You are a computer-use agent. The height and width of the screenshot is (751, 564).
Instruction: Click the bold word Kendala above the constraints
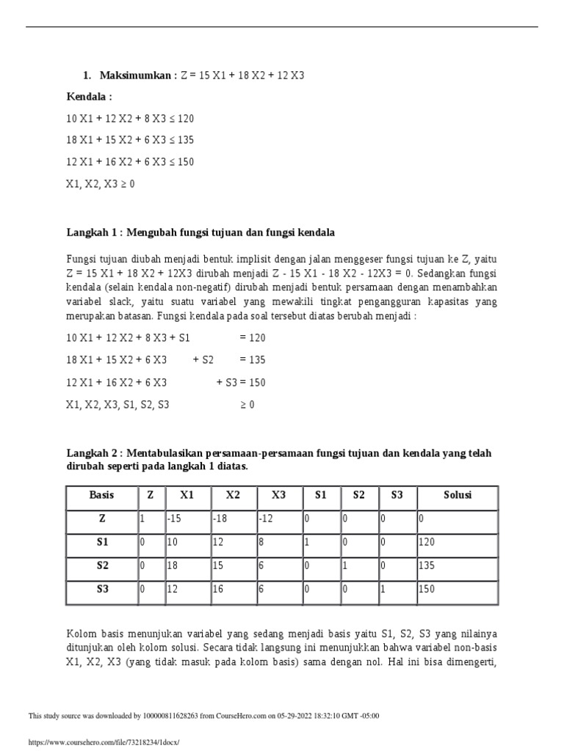point(90,97)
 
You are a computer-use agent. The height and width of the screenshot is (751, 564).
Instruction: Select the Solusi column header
point(457,496)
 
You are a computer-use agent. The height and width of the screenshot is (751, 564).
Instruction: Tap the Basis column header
point(102,496)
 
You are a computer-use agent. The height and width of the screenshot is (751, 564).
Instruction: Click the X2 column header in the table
point(233,496)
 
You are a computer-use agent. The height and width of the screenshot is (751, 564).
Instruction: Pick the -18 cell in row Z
point(233,519)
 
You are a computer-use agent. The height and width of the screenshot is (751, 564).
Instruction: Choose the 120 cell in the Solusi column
point(457,543)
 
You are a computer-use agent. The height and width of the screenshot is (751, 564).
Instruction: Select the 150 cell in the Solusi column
point(457,591)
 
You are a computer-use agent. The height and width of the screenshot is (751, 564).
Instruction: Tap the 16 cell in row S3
point(233,591)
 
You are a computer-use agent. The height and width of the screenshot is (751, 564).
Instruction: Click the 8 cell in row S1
point(278,543)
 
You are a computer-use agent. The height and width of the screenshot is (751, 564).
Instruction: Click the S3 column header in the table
point(397,496)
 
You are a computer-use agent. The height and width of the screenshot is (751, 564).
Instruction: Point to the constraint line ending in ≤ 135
point(130,140)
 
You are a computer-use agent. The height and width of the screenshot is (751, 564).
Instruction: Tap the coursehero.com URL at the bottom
point(104,742)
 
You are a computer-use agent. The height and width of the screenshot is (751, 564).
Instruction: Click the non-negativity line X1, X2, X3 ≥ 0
point(101,183)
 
